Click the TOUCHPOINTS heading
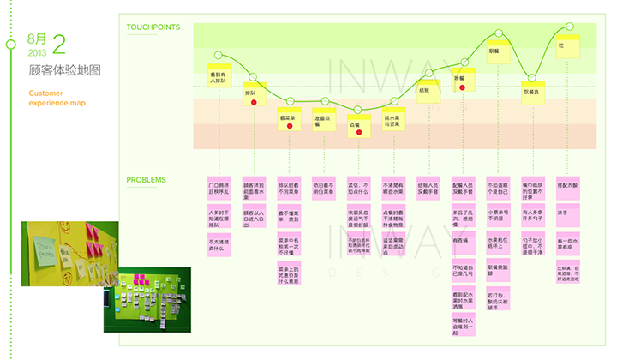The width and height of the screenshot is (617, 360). tap(153, 27)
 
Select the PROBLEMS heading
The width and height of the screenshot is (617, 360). tap(147, 180)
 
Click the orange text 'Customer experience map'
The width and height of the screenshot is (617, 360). tap(57, 98)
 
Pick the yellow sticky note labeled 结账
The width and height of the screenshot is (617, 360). tap(426, 92)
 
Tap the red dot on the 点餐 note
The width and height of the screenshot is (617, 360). tap(359, 133)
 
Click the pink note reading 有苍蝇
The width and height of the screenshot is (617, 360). tap(462, 241)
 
